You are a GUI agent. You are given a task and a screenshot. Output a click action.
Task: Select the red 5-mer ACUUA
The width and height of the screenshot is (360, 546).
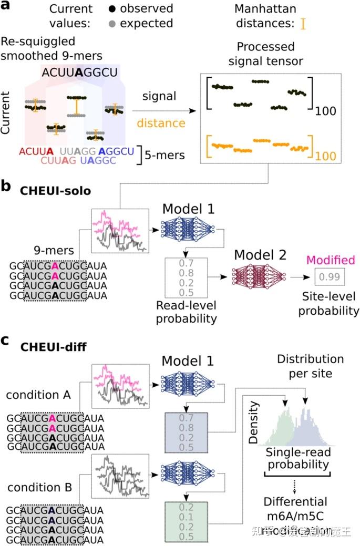[35, 151]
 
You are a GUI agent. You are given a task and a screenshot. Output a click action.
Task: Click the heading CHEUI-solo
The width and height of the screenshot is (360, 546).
[55, 191]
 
